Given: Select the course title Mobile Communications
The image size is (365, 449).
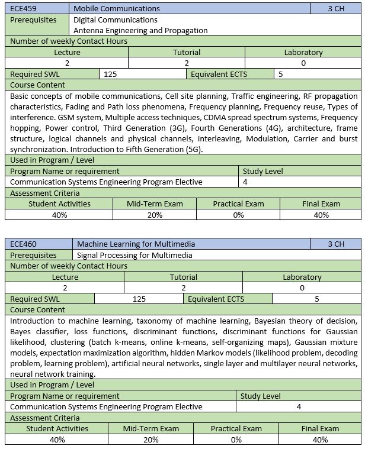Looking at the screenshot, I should click(116, 9).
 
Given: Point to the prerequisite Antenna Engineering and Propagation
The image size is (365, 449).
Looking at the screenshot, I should click(140, 30).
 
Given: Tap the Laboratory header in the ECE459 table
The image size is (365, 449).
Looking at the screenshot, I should click(303, 52).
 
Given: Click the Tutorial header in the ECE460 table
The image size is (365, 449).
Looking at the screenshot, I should click(183, 277).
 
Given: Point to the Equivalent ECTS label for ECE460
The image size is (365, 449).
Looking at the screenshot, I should click(216, 299).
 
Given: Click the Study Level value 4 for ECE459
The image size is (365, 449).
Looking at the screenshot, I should click(245, 182).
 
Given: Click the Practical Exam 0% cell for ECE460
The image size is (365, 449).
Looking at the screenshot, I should click(236, 440).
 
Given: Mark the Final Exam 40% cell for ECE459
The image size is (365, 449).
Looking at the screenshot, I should click(321, 215).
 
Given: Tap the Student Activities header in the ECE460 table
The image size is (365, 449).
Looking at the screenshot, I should click(57, 428).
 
